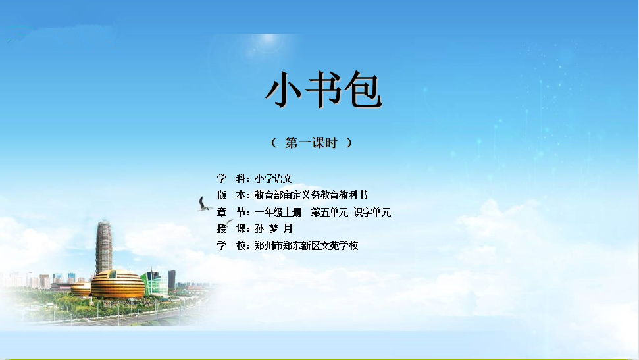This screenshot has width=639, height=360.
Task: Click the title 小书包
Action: click(324, 90)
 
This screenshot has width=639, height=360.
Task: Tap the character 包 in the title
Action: click(363, 90)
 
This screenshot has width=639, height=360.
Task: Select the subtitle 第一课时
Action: click(311, 143)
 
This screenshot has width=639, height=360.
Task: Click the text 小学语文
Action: click(274, 178)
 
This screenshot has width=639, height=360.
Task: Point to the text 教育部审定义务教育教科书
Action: click(311, 195)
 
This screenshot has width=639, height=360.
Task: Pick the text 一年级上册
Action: click(278, 212)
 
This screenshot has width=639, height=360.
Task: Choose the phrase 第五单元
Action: click(329, 212)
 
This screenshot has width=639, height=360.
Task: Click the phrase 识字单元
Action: click(372, 212)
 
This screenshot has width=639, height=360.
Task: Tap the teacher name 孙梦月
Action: click(274, 229)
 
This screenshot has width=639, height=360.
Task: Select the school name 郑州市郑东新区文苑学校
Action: click(307, 245)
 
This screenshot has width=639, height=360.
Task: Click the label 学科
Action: click(232, 178)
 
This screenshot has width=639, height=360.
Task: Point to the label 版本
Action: click(232, 195)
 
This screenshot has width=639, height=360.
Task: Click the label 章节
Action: click(232, 212)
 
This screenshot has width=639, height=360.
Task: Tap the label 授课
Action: click(232, 229)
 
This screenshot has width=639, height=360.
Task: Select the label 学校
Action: click(232, 245)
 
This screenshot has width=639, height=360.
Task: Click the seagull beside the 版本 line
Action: click(204, 205)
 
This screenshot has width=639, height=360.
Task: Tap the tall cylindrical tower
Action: click(104, 247)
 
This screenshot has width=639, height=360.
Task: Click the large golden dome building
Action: click(118, 284)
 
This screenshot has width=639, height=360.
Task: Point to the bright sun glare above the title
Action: click(268, 39)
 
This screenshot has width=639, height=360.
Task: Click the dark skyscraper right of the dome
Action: click(172, 280)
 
